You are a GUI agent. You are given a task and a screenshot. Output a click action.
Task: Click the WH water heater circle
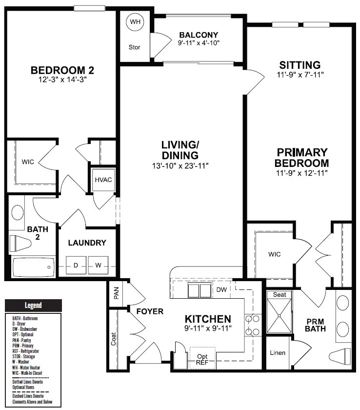coord(135,21)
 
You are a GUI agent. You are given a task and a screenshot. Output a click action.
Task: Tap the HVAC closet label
coord(103,180)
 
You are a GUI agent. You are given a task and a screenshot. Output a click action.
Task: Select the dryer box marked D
coord(76,265)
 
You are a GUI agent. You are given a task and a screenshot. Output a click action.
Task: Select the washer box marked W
coord(98,265)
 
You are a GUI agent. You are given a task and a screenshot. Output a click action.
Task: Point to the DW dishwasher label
coord(221,290)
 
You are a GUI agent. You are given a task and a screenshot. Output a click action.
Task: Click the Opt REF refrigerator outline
coord(202,358)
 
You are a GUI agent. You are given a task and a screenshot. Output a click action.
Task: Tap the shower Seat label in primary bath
coord(280,295)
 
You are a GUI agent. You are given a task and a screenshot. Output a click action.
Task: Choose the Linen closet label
coord(278,353)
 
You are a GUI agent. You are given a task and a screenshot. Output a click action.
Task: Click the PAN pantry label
coord(117,293)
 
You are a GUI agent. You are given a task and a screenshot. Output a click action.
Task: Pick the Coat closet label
coord(113,339)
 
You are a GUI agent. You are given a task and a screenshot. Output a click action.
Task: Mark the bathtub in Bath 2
coord(34,267)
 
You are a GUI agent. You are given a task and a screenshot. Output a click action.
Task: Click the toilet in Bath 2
coord(20,243)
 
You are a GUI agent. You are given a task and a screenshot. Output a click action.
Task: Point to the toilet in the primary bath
coord(340,356)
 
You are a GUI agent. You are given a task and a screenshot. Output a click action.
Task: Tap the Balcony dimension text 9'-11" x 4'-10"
coord(199,43)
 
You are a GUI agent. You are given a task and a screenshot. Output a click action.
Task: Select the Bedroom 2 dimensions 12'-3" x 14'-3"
coord(62,79)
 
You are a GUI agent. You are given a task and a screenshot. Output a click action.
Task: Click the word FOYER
coord(150,311)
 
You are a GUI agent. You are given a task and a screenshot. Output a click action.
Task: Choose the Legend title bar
coord(33,305)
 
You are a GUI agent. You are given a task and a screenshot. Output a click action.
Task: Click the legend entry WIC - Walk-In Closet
coord(27,373)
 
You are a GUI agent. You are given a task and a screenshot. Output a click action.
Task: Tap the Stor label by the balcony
coord(134,47)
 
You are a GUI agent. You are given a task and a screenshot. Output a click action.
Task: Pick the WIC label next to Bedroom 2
coord(28,162)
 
